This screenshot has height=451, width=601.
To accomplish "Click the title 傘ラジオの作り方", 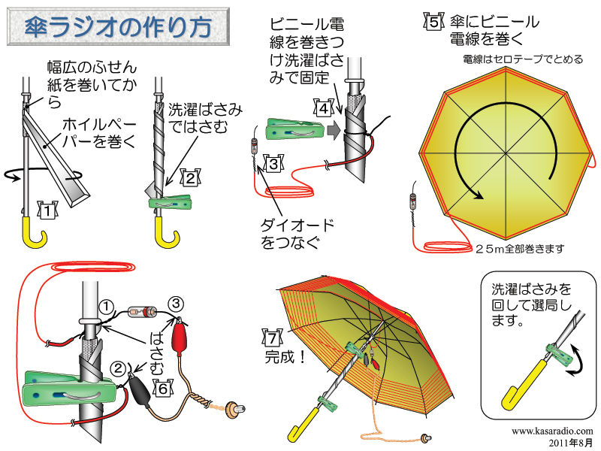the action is coord(118,27).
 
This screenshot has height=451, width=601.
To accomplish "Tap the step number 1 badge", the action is coord(47,210).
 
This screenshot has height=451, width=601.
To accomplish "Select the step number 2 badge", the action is coord(191,178).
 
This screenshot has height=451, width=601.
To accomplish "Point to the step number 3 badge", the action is coord(273,163).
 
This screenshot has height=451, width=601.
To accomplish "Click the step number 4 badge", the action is coord(324,108).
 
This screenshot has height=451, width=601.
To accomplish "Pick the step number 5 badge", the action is coord(434,22).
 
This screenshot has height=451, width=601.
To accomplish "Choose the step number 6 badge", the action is coord(164,388).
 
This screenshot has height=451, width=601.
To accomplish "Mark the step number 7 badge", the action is coord(273,337).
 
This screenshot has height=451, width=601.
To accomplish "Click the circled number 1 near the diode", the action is coord(106,307).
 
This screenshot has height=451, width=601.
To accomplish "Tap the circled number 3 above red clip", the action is coord(176,304).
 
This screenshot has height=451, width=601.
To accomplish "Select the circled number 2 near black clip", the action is coord(118,369).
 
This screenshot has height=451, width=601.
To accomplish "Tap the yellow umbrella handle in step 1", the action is coord(34,232).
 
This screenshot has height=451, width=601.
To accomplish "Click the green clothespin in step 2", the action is coord(170,202).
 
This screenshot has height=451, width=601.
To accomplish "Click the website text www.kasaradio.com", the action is coord(552,431).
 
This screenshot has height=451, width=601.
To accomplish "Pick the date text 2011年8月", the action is coord(571,442).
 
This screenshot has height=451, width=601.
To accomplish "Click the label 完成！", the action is coord(285,358).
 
